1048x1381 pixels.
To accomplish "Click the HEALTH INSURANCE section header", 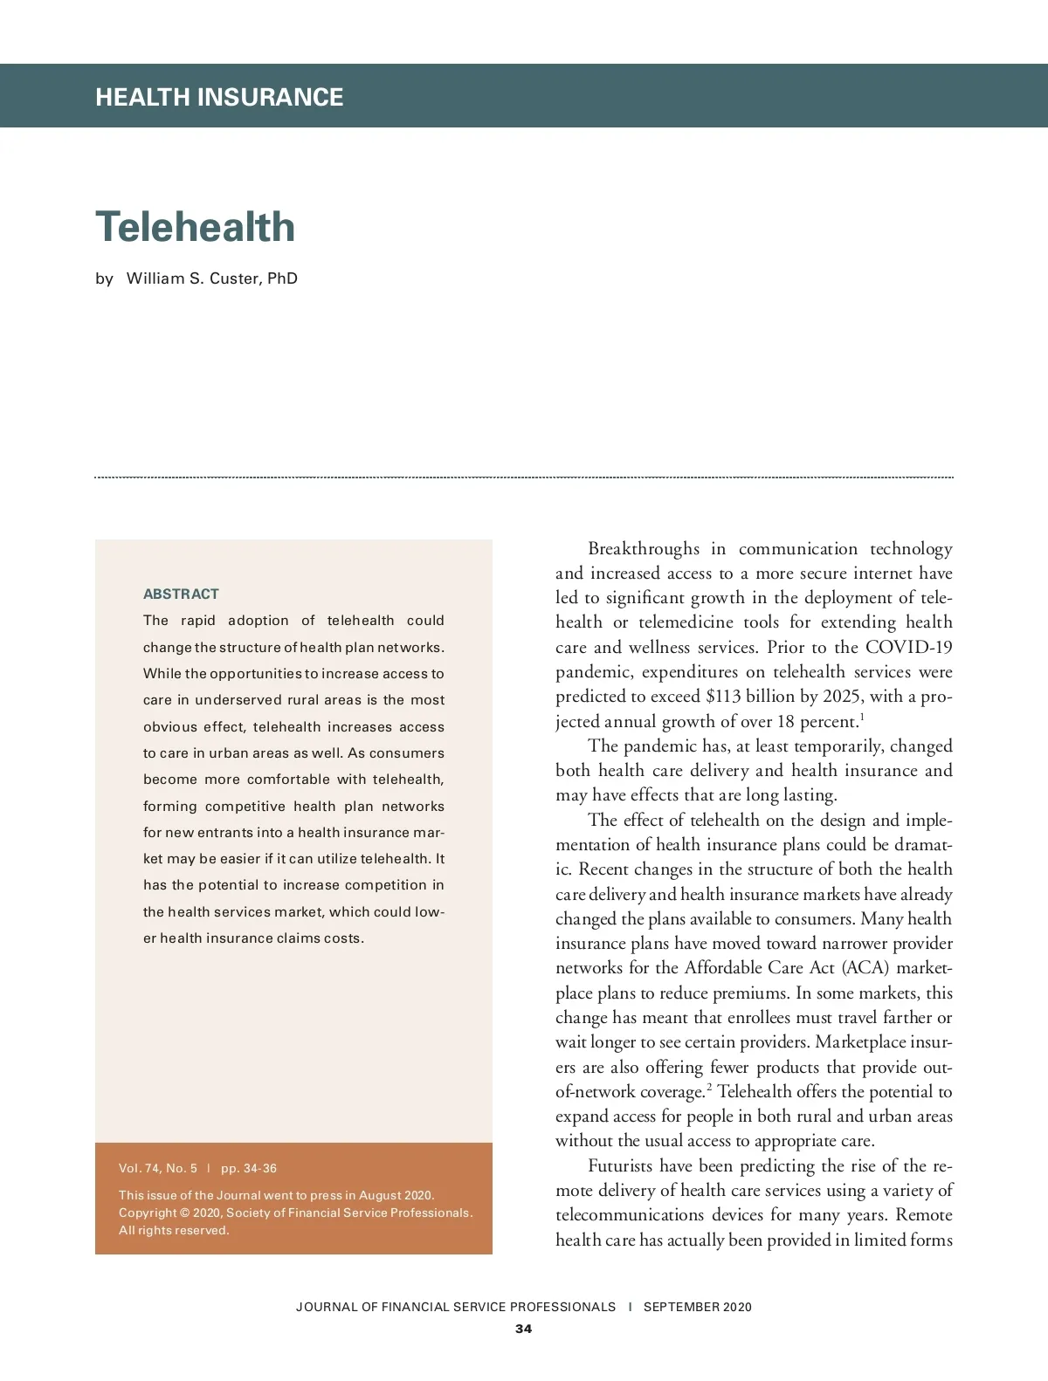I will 219,97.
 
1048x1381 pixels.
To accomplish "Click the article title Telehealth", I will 195,227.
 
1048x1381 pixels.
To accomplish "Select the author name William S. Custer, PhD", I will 212,278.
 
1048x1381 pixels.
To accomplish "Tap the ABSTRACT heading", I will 181,594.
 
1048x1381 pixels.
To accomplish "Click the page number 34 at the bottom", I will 523,1329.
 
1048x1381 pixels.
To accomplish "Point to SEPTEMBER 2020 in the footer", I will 697,1307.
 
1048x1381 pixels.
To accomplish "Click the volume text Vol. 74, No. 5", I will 158,1168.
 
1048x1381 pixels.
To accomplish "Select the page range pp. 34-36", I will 249,1168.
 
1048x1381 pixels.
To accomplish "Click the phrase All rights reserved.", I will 174,1230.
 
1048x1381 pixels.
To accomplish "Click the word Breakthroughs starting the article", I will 644,548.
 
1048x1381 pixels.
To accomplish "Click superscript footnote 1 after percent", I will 862,717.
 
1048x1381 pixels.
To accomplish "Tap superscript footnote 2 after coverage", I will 709,1087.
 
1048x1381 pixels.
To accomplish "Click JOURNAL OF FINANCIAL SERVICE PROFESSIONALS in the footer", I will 456,1307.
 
